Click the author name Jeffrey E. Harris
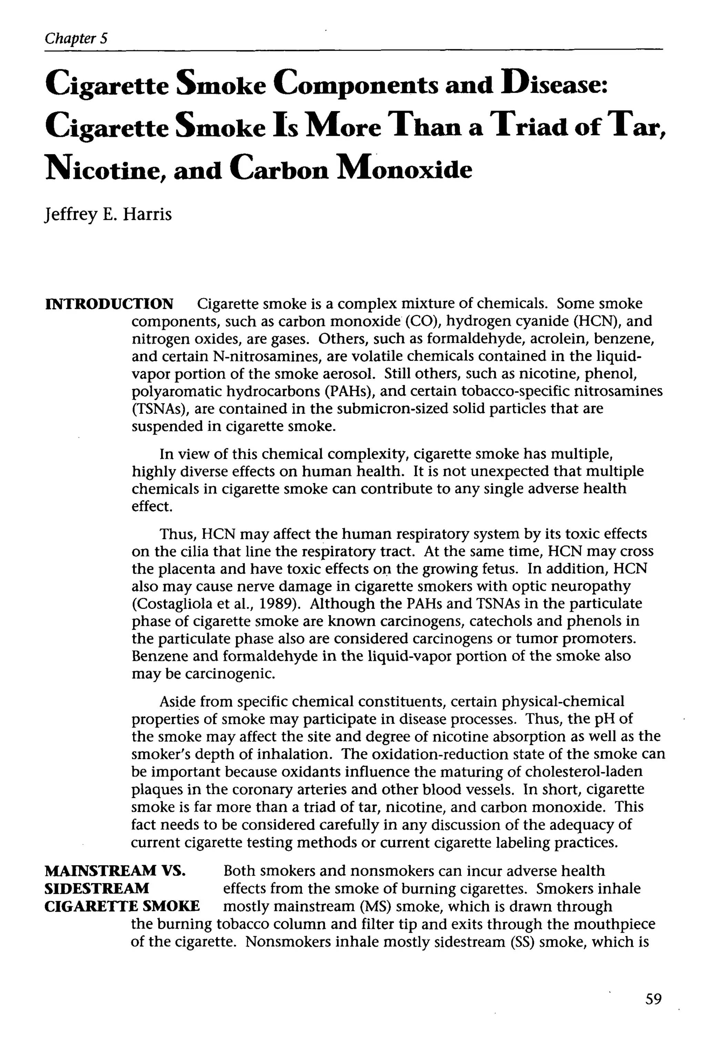108,214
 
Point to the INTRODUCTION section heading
109,304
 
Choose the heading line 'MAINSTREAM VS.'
115,871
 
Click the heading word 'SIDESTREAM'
97,888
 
